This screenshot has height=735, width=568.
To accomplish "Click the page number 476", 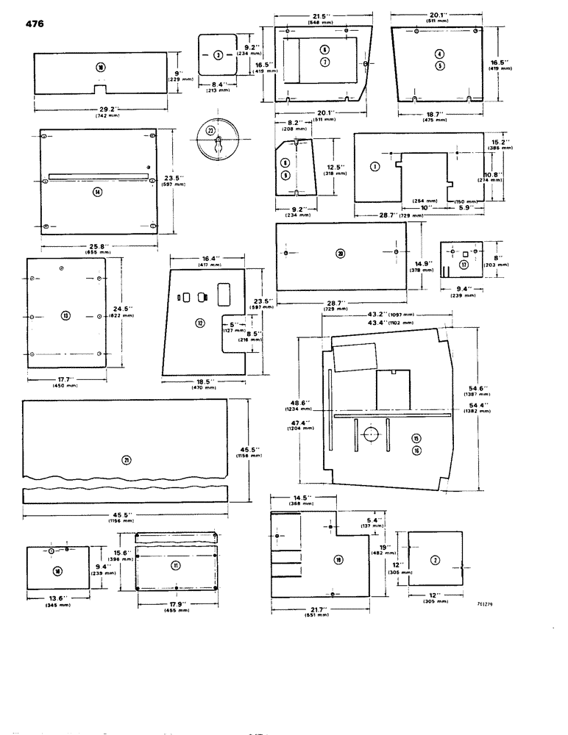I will (34, 24).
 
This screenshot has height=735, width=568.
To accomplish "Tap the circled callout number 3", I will (218, 55).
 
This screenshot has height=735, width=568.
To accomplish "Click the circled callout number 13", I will (65, 315).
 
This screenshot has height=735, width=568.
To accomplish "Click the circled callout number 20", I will (340, 254).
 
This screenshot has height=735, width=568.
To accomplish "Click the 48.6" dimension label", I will (299, 403).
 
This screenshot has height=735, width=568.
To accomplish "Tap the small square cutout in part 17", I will (464, 264).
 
